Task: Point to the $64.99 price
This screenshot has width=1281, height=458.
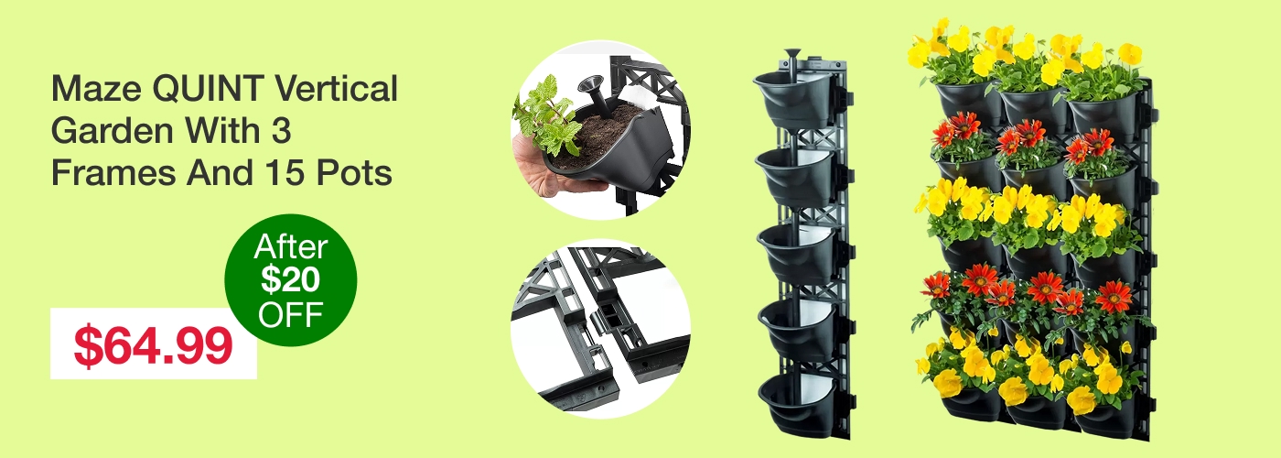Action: tap(154, 345)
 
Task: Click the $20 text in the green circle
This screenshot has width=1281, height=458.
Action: tap(291, 280)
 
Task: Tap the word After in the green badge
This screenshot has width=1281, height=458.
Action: tap(291, 247)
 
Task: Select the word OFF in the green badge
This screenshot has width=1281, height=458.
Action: tap(291, 313)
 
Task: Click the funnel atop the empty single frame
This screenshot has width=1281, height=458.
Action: tap(792, 60)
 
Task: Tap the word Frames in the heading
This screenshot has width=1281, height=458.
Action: tap(113, 172)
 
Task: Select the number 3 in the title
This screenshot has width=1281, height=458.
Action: tap(282, 130)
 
